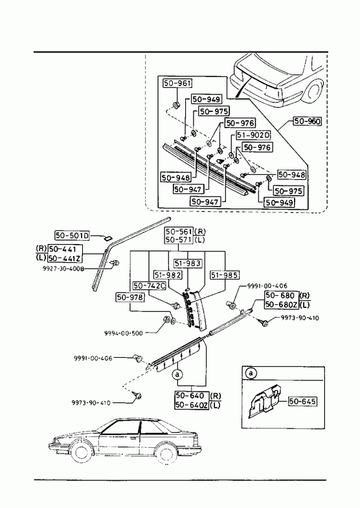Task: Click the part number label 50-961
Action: (177, 83)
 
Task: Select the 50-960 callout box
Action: (307, 121)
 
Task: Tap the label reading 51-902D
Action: (253, 135)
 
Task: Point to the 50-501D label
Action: (73, 236)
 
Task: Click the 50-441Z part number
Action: (65, 258)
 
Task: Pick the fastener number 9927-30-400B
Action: (63, 269)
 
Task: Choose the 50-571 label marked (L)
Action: (179, 240)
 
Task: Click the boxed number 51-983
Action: (187, 263)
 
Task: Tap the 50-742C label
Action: (150, 286)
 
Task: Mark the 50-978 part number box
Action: (130, 297)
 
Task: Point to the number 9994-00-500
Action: (124, 333)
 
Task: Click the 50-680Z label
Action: (282, 305)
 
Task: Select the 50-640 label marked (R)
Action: (190, 396)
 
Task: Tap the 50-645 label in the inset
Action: (302, 401)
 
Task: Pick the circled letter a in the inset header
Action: (251, 373)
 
